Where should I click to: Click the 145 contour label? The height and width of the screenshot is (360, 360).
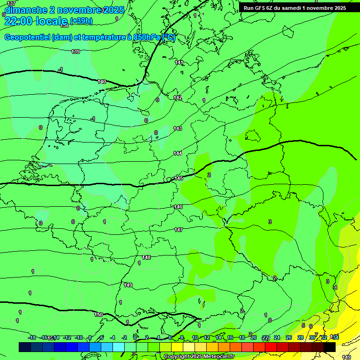[179, 179]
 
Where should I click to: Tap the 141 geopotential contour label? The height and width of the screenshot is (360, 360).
[179, 62]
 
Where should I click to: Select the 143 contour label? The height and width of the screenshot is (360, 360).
[178, 128]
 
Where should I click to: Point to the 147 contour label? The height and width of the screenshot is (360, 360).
[179, 230]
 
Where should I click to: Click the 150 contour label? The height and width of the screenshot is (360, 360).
[98, 315]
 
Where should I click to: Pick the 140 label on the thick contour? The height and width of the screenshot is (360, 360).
[102, 82]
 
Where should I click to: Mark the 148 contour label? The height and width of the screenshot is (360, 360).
[146, 257]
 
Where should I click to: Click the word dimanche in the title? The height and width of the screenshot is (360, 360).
[26, 10]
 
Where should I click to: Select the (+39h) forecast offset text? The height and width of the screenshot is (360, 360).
[81, 21]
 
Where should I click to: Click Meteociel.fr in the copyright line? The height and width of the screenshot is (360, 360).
[215, 357]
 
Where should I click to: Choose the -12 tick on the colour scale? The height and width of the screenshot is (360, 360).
[67, 337]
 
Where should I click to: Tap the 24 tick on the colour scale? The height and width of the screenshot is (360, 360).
[277, 337]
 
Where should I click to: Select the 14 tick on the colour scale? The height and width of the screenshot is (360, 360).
[218, 337]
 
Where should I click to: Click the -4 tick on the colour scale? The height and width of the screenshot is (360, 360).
[112, 337]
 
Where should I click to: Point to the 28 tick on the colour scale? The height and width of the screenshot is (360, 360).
[300, 337]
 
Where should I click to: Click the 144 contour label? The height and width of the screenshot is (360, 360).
[178, 153]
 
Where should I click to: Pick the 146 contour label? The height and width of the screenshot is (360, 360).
[178, 207]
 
